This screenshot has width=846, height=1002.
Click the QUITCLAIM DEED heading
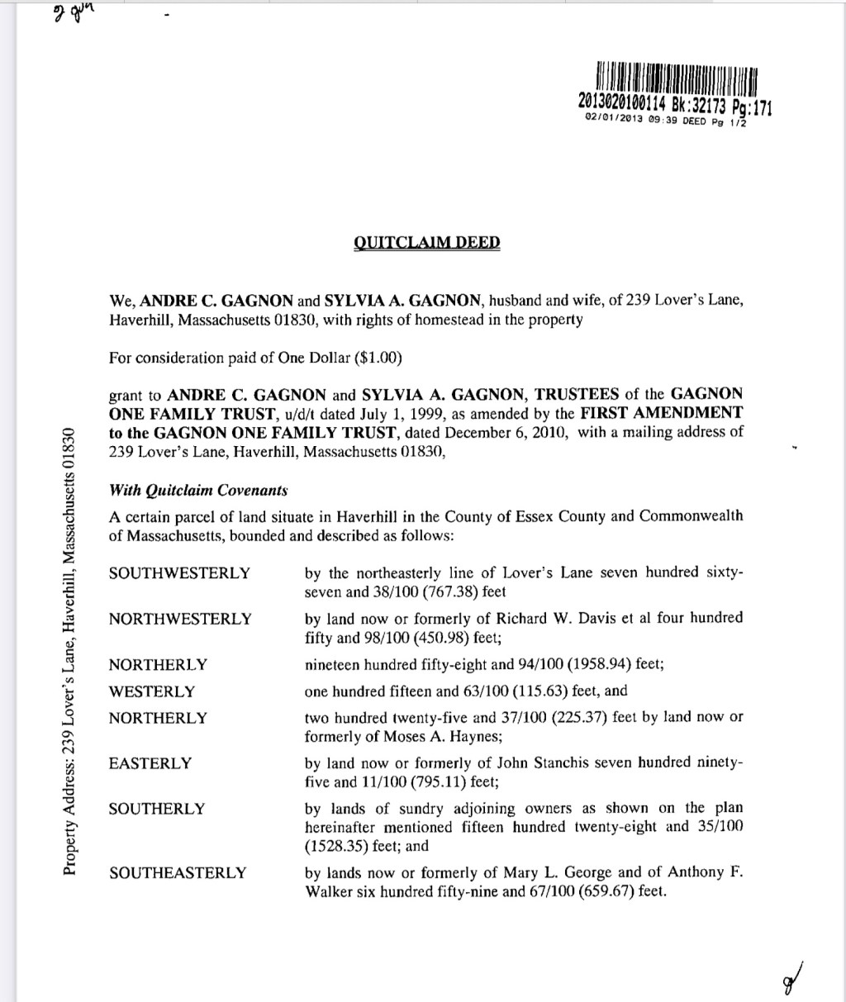(426, 243)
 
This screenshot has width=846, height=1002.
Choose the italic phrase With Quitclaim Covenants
(198, 490)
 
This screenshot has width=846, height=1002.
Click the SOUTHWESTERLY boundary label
(179, 573)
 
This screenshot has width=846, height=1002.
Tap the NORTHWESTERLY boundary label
(180, 619)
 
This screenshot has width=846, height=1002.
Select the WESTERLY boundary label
(152, 691)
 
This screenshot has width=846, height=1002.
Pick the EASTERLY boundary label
(150, 763)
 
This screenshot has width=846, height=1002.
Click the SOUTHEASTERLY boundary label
(178, 872)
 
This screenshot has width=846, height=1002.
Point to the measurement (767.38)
(475, 591)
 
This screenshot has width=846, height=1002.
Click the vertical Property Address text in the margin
(70, 653)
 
